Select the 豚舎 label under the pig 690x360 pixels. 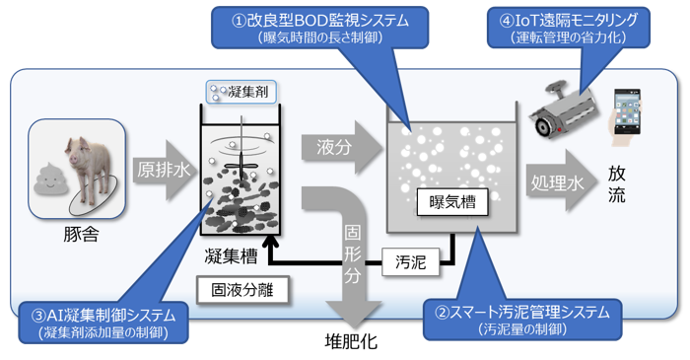point(81,234)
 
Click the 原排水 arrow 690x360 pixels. point(164,171)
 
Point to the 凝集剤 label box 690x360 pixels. point(241,92)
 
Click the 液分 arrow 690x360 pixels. point(342,148)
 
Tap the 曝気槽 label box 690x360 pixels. point(451,202)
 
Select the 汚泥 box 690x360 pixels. point(410,262)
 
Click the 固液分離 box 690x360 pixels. point(242,290)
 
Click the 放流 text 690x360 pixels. point(616,184)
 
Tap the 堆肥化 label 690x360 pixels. point(351,341)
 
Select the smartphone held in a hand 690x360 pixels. point(626,114)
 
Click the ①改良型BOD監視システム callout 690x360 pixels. point(320,28)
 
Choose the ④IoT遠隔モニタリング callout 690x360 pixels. point(568,28)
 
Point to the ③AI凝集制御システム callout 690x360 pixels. point(103,323)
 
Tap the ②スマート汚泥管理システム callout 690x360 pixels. point(522,320)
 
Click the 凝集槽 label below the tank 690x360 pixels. point(231,255)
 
